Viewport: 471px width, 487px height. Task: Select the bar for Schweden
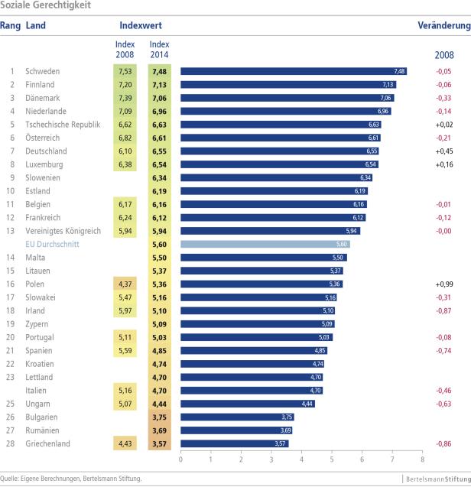pyautogui.click(x=293, y=71)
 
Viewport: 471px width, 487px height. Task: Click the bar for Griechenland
pyautogui.click(x=234, y=443)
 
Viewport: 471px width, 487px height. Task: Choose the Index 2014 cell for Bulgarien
pyautogui.click(x=159, y=417)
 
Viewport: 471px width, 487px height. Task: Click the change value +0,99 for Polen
pyautogui.click(x=443, y=284)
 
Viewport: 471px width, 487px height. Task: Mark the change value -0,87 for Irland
pyautogui.click(x=443, y=310)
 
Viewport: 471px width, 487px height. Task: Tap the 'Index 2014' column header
pyautogui.click(x=159, y=49)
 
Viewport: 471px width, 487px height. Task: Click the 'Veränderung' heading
pyautogui.click(x=443, y=26)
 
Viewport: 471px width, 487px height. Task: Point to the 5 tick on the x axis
pyautogui.click(x=331, y=459)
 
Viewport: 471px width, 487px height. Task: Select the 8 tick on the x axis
pyautogui.click(x=422, y=459)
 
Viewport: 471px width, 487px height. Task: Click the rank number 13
pyautogui.click(x=11, y=231)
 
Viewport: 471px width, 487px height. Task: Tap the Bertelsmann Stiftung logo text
pyautogui.click(x=437, y=479)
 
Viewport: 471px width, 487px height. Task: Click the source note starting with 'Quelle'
pyautogui.click(x=71, y=479)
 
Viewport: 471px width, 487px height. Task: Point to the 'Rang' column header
pyautogui.click(x=10, y=26)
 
